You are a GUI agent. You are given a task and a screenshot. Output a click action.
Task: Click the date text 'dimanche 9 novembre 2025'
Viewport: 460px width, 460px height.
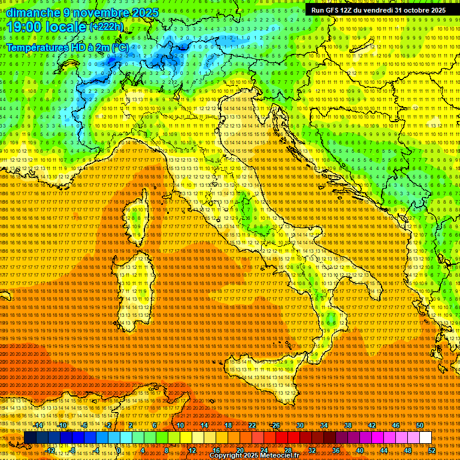[83, 13]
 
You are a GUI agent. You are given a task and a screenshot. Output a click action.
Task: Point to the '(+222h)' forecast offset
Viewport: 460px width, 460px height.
[107, 26]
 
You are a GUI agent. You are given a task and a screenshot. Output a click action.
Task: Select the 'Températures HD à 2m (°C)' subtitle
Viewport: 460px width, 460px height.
[67, 47]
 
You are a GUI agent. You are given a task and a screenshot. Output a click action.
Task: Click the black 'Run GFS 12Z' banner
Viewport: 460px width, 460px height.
[378, 10]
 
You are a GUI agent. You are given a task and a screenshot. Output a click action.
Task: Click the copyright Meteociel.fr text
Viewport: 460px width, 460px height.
[255, 456]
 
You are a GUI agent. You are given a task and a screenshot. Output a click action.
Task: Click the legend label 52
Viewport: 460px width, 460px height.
[431, 450]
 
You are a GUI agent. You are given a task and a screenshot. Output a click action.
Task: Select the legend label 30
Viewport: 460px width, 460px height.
[299, 425]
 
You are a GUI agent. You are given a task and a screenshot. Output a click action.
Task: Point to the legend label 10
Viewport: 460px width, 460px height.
[180, 425]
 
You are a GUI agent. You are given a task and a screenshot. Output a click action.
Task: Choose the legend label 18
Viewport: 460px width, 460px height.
[228, 425]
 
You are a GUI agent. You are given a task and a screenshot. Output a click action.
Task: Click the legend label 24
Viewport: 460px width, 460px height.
[264, 450]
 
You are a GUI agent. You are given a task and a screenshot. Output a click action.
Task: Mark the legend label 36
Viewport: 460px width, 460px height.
[335, 450]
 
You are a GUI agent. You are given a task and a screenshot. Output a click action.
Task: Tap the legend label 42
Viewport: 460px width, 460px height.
[371, 425]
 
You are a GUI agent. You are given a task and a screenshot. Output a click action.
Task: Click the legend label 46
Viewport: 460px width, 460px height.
[395, 425]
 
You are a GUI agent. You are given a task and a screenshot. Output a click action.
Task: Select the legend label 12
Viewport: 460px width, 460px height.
[192, 450]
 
